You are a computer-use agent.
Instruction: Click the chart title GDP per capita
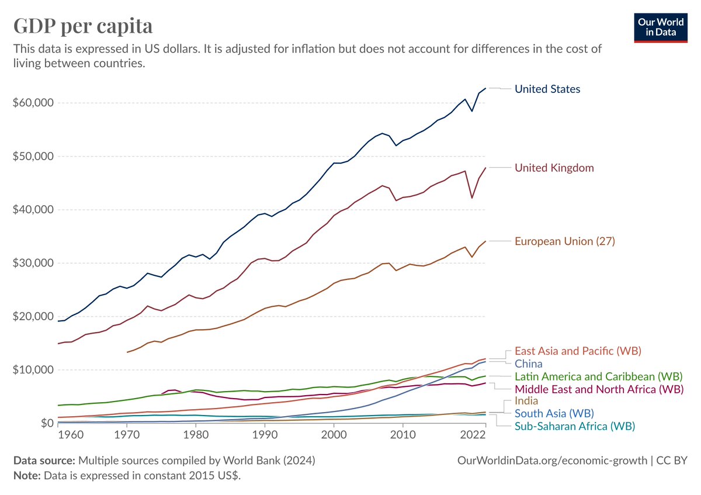pyautogui.click(x=83, y=26)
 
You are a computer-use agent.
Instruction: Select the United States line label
pyautogui.click(x=547, y=89)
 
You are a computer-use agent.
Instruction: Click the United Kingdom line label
pyautogui.click(x=554, y=168)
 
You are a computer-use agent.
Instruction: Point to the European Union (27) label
pyautogui.click(x=564, y=241)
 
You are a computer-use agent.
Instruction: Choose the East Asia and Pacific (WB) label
pyautogui.click(x=578, y=351)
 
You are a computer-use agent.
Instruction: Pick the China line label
pyautogui.click(x=528, y=364)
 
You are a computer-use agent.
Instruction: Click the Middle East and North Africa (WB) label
pyautogui.click(x=599, y=389)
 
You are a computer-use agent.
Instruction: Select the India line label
pyautogui.click(x=526, y=401)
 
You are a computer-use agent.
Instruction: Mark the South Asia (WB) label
pyautogui.click(x=554, y=414)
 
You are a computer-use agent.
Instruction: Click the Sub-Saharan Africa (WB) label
pyautogui.click(x=574, y=426)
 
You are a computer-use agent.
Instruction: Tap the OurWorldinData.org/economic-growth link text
pyautogui.click(x=551, y=461)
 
